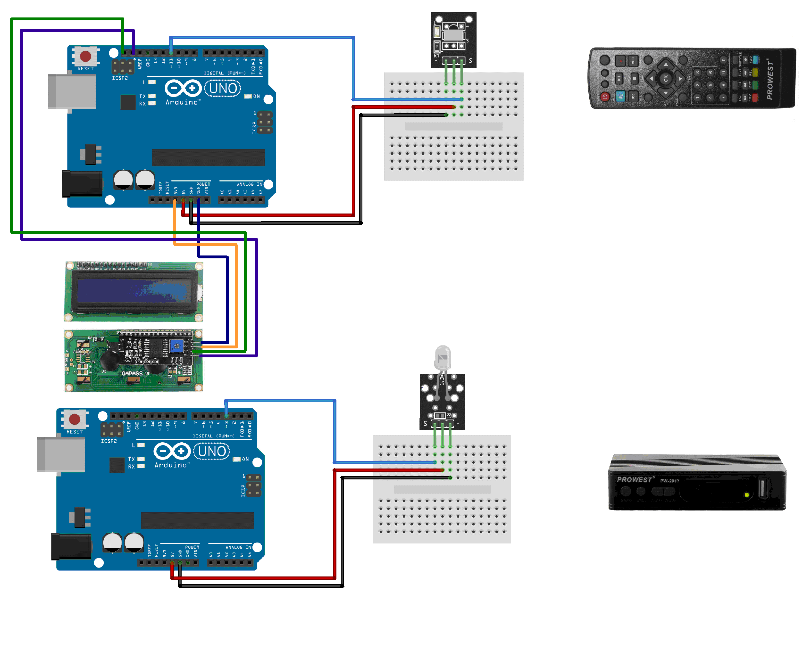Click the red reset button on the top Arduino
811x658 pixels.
click(85, 56)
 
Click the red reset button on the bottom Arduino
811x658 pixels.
click(74, 419)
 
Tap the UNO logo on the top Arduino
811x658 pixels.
click(223, 88)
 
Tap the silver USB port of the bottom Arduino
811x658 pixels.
click(61, 454)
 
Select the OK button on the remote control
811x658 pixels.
click(665, 78)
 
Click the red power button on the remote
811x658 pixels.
click(605, 97)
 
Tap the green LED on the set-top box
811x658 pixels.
click(746, 495)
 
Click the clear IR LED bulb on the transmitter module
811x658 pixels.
click(443, 357)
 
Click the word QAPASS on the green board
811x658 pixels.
click(132, 373)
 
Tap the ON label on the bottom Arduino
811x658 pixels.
click(245, 459)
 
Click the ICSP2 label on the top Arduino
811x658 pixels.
click(120, 78)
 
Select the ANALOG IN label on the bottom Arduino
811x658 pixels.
click(238, 547)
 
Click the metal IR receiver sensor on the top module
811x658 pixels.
click(453, 34)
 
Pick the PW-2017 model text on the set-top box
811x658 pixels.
click(669, 481)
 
